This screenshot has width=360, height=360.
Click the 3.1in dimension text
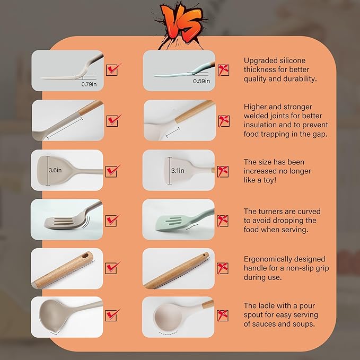(178, 171)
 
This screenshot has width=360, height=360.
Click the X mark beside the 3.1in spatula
(223, 171)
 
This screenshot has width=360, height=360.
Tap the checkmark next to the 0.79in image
(113, 69)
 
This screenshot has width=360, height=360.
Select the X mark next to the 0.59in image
(223, 69)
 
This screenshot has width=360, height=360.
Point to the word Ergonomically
(270, 259)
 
